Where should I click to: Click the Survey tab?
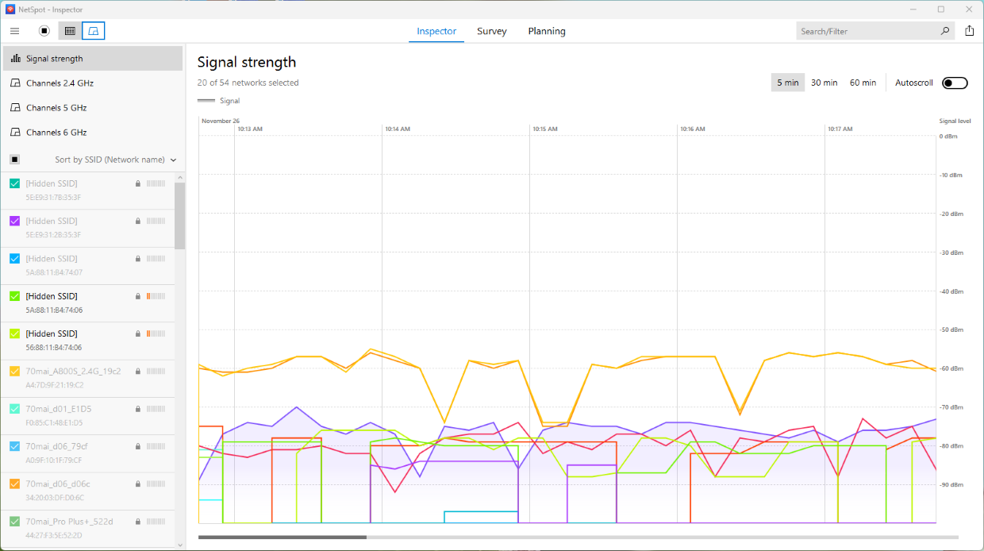point(491,32)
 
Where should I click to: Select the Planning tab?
point(547,32)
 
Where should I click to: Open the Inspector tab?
point(436,32)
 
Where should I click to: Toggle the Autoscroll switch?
point(955,83)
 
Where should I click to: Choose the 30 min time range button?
point(824,83)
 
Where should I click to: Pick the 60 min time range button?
point(863,83)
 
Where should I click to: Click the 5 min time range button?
point(788,83)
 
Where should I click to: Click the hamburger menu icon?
point(14,31)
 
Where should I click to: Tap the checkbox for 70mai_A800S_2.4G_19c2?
point(15,372)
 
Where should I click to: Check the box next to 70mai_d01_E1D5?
point(15,409)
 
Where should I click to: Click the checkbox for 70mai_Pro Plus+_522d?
point(15,522)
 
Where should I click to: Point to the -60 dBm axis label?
point(951,369)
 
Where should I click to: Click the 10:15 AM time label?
point(545,129)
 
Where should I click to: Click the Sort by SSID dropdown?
point(115,160)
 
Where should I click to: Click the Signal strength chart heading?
point(247,62)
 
